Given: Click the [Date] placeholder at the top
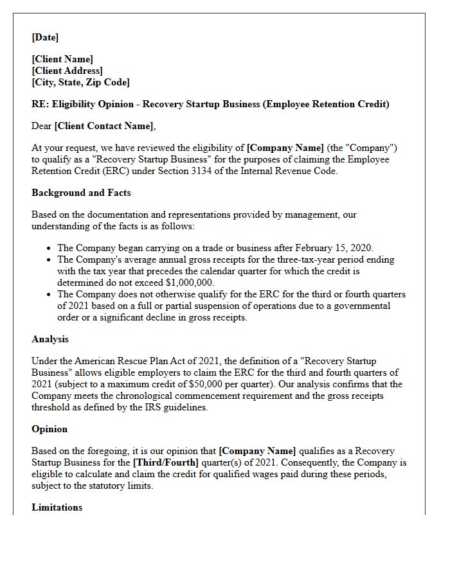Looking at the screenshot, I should [45, 37].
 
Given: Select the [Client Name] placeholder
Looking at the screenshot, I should [62, 59].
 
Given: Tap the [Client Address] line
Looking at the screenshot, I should [67, 71].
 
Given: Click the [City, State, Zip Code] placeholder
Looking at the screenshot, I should [80, 82].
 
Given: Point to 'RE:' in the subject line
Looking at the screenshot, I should [40, 104].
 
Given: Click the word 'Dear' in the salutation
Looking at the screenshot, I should [42, 126].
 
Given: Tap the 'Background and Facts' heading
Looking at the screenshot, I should [81, 193].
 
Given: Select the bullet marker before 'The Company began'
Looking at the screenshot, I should [50, 248].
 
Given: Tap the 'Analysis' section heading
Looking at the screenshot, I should [50, 339].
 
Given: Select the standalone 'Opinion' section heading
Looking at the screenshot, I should [50, 429].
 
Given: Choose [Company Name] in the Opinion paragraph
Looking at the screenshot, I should [257, 451].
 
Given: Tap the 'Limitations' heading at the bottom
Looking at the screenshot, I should [57, 507].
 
